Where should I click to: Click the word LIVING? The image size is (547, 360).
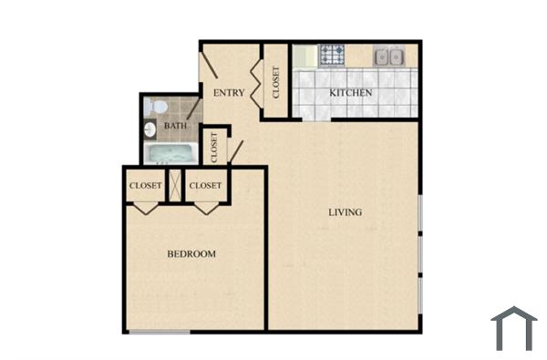[345, 212]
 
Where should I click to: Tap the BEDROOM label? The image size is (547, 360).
[191, 253]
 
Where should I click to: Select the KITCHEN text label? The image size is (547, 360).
[350, 93]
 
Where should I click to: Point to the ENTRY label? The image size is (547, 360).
[228, 93]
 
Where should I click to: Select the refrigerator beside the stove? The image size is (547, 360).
[304, 56]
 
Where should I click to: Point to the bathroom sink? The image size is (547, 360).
[150, 129]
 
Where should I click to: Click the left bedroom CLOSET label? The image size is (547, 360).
[145, 186]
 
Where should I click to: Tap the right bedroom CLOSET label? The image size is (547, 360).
[205, 186]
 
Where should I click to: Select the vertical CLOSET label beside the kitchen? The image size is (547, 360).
[276, 80]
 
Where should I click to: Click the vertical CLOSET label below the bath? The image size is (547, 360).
[214, 147]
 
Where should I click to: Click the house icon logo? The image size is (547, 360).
[513, 328]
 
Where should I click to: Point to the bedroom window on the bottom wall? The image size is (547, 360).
[159, 332]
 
